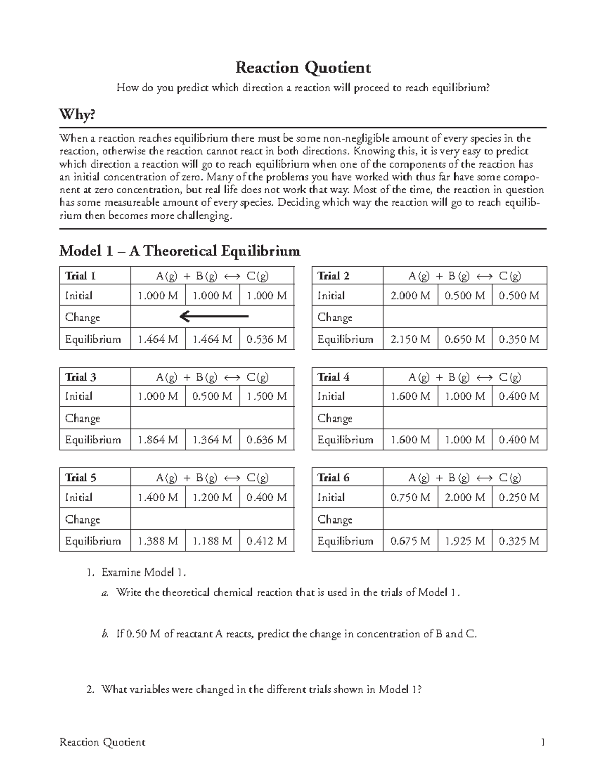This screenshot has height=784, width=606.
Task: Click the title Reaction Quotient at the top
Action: point(303,67)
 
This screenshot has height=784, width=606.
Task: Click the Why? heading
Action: point(77,115)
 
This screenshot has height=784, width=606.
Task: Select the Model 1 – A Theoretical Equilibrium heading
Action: point(179,250)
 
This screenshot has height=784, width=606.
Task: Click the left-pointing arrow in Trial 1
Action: point(214,317)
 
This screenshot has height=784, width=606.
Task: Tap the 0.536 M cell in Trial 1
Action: point(266,339)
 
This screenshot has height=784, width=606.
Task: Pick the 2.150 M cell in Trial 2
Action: point(410,339)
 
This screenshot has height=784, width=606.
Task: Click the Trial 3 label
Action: point(81,377)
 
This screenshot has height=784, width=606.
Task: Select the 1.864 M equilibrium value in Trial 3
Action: point(158,440)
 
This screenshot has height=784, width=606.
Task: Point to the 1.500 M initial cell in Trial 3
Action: point(266,396)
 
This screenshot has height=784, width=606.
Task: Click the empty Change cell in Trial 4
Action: point(465,418)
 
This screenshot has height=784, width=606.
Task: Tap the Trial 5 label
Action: point(81,478)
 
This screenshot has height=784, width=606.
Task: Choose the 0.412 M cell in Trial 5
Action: point(266,541)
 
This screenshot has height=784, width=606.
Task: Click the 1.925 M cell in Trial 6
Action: point(465,541)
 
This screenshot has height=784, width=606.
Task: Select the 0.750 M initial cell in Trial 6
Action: point(410,497)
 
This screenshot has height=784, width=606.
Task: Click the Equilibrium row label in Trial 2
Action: point(345,339)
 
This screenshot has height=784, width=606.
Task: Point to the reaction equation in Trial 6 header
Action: point(465,478)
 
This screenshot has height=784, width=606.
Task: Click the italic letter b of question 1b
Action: point(105,634)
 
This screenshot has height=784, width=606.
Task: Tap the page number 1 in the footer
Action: point(543,742)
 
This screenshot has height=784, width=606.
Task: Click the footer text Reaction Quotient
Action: point(103,742)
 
